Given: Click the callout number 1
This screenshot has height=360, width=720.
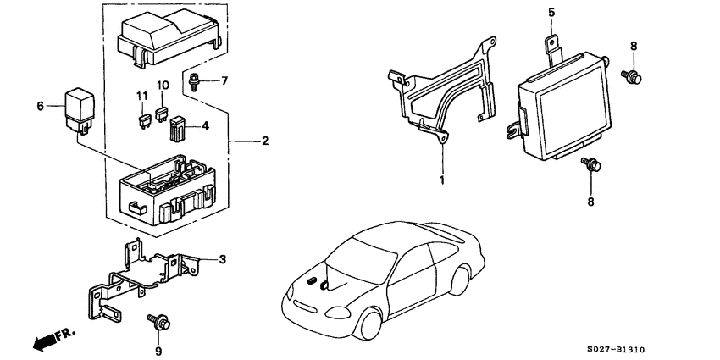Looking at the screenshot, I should pyautogui.click(x=442, y=180).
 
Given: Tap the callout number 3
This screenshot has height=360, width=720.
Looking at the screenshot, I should pyautogui.click(x=223, y=259).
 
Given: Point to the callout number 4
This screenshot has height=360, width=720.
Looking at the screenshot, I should pyautogui.click(x=203, y=127).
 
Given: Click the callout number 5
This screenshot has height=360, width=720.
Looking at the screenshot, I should pyautogui.click(x=551, y=13).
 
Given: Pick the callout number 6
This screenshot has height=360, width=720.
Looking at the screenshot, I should pyautogui.click(x=40, y=106).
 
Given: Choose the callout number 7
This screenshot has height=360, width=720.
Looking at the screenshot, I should pyautogui.click(x=224, y=81).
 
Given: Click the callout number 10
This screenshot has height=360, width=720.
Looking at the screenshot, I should pyautogui.click(x=163, y=86).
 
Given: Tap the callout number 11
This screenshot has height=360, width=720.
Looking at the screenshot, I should pyautogui.click(x=142, y=96).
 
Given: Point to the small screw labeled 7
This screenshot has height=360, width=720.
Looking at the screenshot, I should pyautogui.click(x=197, y=81).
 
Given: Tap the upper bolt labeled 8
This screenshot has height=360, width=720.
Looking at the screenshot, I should pyautogui.click(x=632, y=76).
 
